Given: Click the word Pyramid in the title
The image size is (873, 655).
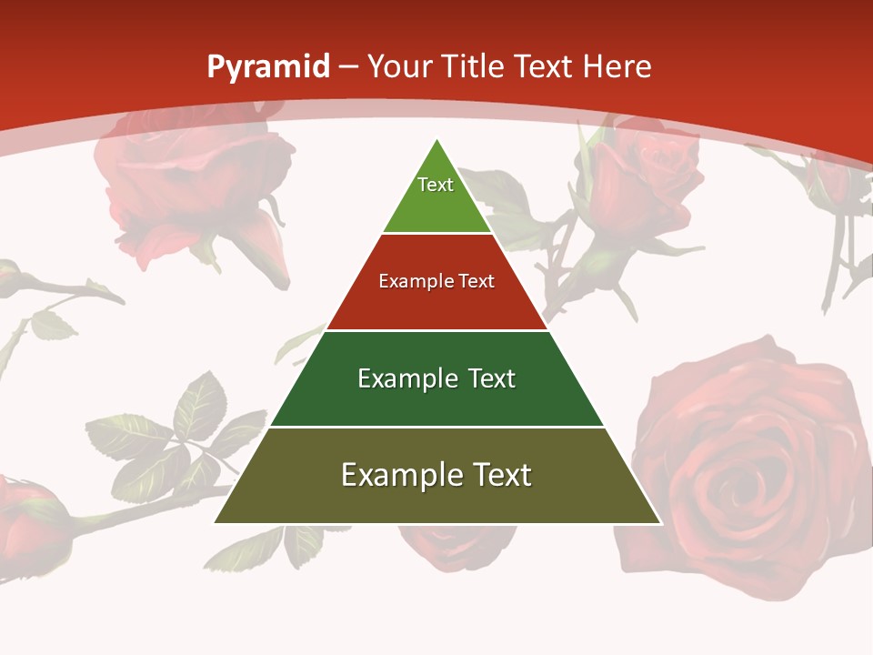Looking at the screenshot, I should [x=267, y=67].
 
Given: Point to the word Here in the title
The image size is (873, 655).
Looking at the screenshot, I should [x=617, y=66].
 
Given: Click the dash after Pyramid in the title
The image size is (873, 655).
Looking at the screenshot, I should [x=348, y=67].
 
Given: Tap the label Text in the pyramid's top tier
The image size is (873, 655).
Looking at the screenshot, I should [x=436, y=185].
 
